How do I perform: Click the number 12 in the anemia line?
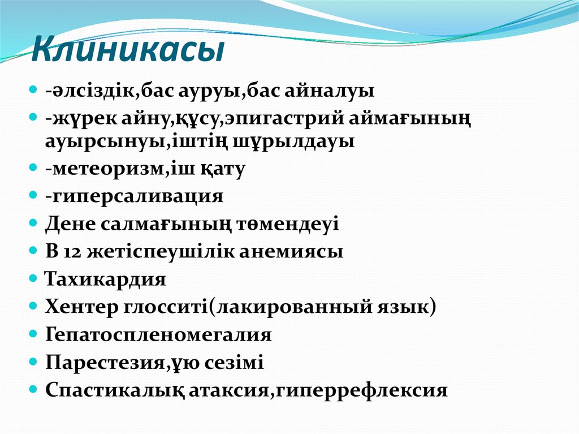pyautogui.click(x=75, y=252)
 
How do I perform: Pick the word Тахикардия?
pyautogui.click(x=105, y=280)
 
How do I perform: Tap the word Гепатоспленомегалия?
pyautogui.click(x=158, y=335)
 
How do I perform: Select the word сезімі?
pyautogui.click(x=236, y=363)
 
